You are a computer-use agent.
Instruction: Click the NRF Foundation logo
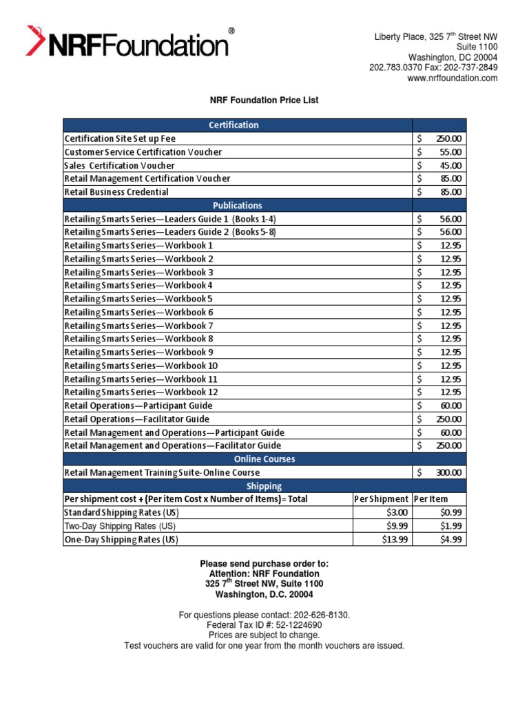click(129, 42)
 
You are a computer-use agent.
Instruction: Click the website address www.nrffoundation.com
click(453, 78)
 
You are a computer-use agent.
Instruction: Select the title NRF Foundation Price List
click(264, 101)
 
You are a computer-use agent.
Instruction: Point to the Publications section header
click(237, 205)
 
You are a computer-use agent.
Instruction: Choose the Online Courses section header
click(264, 459)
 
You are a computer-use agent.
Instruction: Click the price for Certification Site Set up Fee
click(448, 138)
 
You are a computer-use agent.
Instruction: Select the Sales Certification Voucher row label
click(119, 165)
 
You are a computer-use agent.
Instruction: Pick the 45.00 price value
click(450, 165)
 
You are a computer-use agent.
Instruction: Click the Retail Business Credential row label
click(116, 192)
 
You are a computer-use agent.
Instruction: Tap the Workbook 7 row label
click(139, 326)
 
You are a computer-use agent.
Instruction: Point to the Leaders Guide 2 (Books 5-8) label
click(170, 232)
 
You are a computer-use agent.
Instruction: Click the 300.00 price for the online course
click(448, 473)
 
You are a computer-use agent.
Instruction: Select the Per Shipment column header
click(381, 499)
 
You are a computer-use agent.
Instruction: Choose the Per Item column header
click(431, 499)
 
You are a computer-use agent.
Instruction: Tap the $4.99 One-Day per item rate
click(451, 540)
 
